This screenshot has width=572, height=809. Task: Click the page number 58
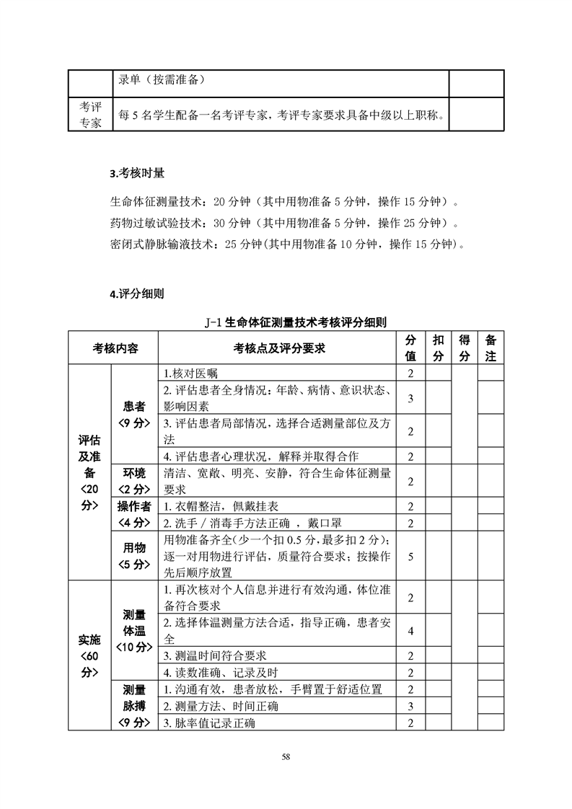[x=286, y=756]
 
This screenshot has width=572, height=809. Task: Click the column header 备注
[x=490, y=348]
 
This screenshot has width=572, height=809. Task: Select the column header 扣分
[x=438, y=348]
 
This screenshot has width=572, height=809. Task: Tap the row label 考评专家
[x=90, y=114]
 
